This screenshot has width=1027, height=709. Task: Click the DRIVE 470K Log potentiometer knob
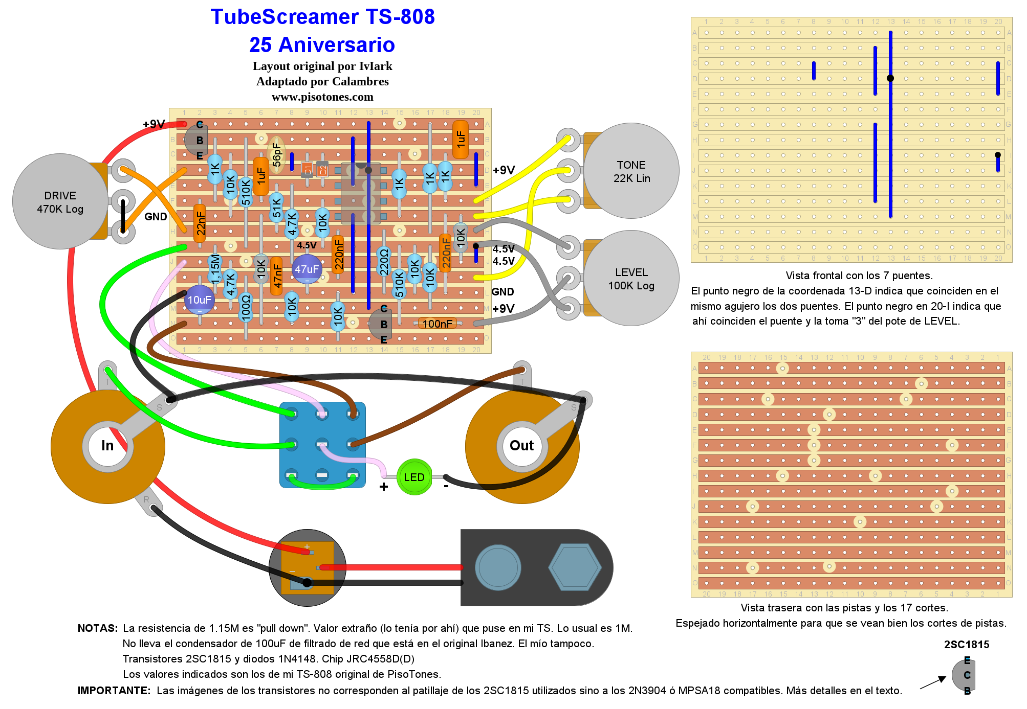coord(60,202)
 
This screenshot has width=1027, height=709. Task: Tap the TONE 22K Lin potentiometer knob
coord(631,171)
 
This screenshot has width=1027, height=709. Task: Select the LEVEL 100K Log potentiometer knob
coord(631,278)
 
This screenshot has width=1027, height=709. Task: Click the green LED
coord(414,477)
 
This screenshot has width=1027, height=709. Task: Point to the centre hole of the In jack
coord(107,446)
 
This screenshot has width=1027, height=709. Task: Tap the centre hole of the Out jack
coord(521,446)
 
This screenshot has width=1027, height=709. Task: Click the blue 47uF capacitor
coord(307,269)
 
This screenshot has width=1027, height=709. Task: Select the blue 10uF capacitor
coord(199,300)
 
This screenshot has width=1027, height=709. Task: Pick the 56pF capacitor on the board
coord(276,154)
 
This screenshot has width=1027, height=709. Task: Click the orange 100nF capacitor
coord(438,324)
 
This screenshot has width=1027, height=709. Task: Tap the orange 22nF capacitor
coord(200,223)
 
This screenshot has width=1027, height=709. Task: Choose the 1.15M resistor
coord(215,269)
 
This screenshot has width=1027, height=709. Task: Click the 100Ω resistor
coord(246,308)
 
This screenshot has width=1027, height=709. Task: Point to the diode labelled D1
coord(307,169)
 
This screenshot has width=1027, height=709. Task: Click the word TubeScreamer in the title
coord(277,17)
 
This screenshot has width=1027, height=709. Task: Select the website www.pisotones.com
coord(322,97)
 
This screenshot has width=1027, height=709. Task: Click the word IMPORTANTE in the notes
coord(114,691)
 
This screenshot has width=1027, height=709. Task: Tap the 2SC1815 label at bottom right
coord(967,645)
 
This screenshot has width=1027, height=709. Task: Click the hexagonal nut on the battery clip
coord(574,567)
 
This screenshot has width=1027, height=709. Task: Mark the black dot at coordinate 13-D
coord(890,78)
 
